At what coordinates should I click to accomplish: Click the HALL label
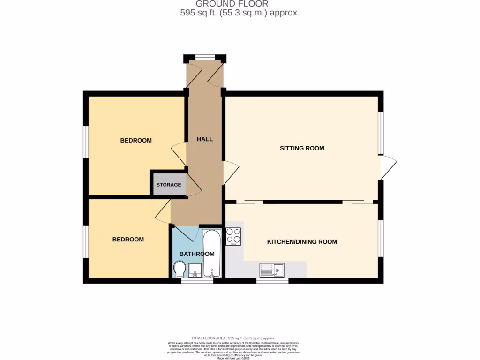pyautogui.click(x=205, y=139)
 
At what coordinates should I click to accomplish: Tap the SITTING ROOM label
pyautogui.click(x=302, y=148)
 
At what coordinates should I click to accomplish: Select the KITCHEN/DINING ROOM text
pyautogui.click(x=302, y=242)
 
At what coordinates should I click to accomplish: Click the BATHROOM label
pyautogui.click(x=197, y=254)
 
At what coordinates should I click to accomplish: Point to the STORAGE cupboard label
pyautogui.click(x=169, y=185)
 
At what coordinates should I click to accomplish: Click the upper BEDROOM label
pyautogui.click(x=136, y=140)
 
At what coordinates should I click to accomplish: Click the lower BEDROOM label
pyautogui.click(x=128, y=240)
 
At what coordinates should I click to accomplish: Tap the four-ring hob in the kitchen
pyautogui.click(x=233, y=236)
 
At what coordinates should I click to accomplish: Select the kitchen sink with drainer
pyautogui.click(x=272, y=270)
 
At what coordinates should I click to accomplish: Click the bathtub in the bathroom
pyautogui.click(x=212, y=253)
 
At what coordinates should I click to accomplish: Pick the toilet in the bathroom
pyautogui.click(x=179, y=270)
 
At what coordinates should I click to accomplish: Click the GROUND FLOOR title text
pyautogui.click(x=239, y=4)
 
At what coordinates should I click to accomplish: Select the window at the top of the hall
pyautogui.click(x=204, y=58)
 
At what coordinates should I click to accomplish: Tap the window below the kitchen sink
pyautogui.click(x=272, y=281)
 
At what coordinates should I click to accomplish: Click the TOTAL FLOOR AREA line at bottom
pyautogui.click(x=233, y=338)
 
